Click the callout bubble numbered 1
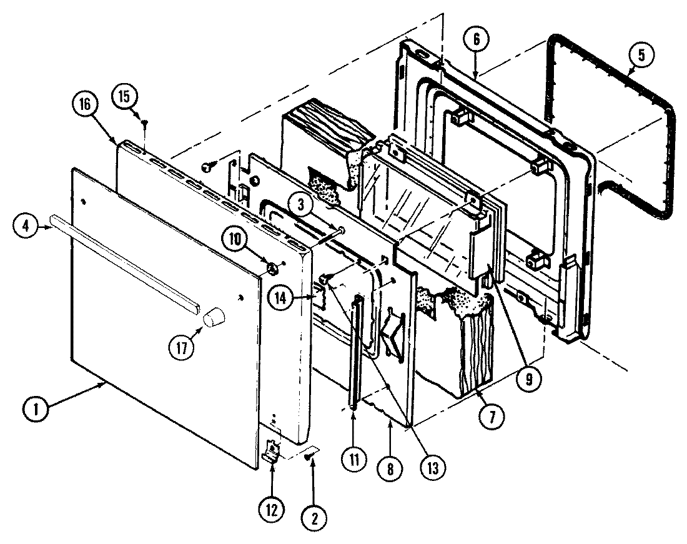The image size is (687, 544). [x=34, y=410]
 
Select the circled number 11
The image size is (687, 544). [x=353, y=461]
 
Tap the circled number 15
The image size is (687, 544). [x=125, y=96]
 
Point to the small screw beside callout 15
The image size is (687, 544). [x=145, y=123]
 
